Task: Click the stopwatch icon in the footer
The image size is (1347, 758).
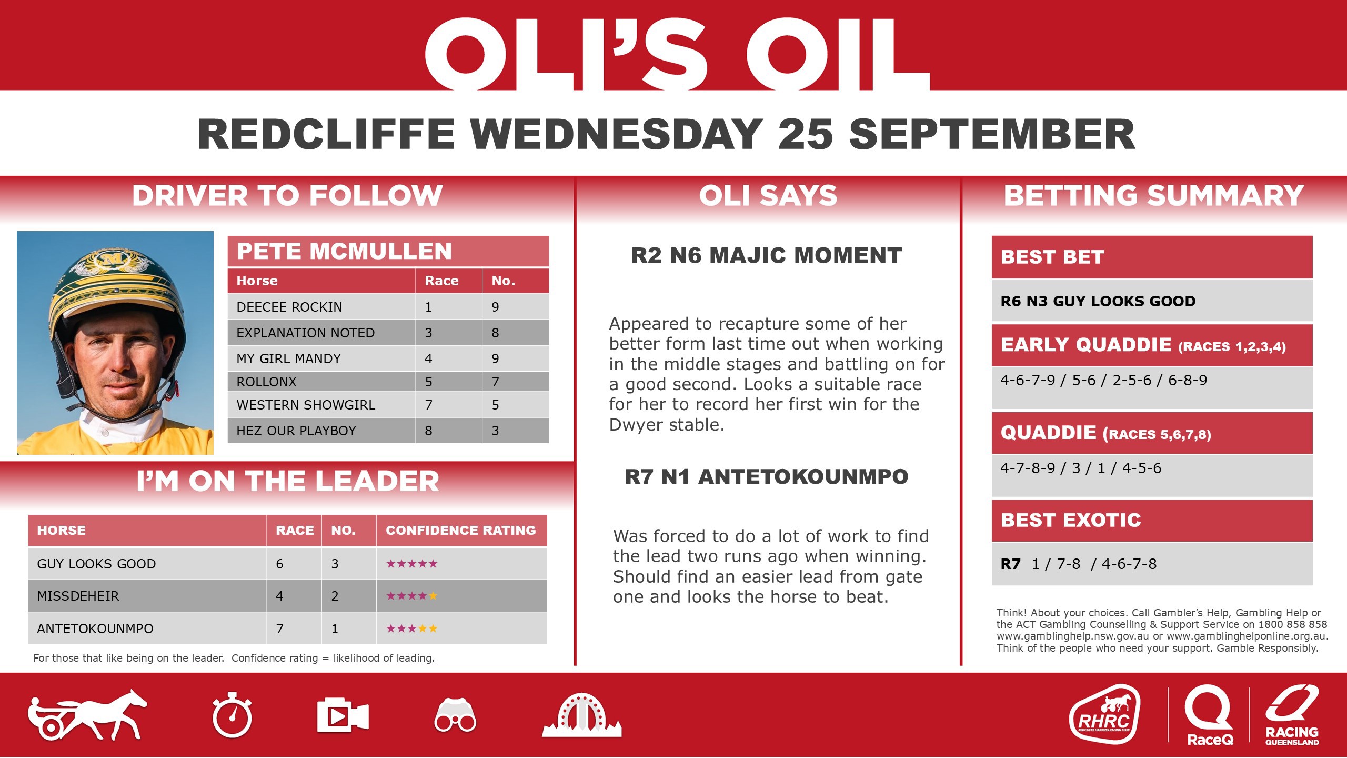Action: click(232, 716)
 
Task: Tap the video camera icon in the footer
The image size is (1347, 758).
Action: click(343, 716)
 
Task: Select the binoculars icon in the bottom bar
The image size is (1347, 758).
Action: click(455, 716)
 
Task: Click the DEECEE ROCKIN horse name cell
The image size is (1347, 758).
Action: click(289, 307)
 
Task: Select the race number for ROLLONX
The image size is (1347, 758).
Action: click(428, 382)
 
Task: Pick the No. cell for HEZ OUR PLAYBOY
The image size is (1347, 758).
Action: click(495, 431)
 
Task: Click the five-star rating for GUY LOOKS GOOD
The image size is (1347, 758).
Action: click(412, 564)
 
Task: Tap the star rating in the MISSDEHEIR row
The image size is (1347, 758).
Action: click(412, 596)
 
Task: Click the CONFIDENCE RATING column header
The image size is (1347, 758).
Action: click(461, 530)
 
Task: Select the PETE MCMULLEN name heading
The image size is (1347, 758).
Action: click(345, 251)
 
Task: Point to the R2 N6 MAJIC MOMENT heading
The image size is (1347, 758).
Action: click(766, 256)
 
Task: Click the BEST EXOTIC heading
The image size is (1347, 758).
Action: click(1071, 520)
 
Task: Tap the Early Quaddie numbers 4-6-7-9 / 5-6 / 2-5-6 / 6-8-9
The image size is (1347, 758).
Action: click(1103, 380)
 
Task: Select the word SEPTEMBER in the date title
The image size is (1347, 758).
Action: click(992, 135)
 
